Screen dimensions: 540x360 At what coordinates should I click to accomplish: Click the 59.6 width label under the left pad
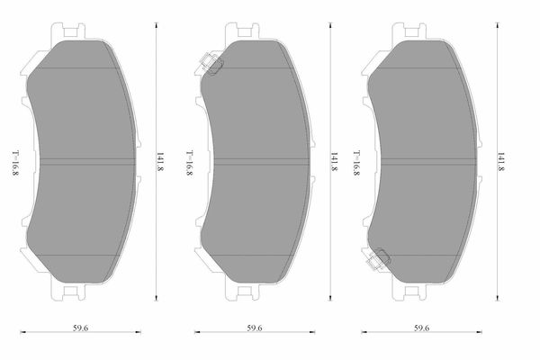tap(80, 328)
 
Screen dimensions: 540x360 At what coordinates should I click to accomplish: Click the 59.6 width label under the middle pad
tap(255, 328)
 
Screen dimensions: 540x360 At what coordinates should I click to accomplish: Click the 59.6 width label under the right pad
tap(421, 328)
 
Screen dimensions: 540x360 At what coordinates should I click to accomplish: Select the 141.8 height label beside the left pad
tap(160, 162)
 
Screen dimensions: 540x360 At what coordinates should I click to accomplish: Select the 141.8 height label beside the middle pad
tap(335, 162)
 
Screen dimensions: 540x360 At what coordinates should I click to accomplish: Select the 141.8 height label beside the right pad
tap(501, 162)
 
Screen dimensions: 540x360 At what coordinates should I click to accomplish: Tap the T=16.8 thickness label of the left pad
tap(15, 163)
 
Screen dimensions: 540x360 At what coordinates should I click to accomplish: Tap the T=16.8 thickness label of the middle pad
tap(189, 163)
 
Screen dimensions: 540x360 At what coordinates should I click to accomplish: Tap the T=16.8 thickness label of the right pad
tap(356, 163)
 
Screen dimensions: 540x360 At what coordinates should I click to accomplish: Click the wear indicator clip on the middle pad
tap(211, 64)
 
